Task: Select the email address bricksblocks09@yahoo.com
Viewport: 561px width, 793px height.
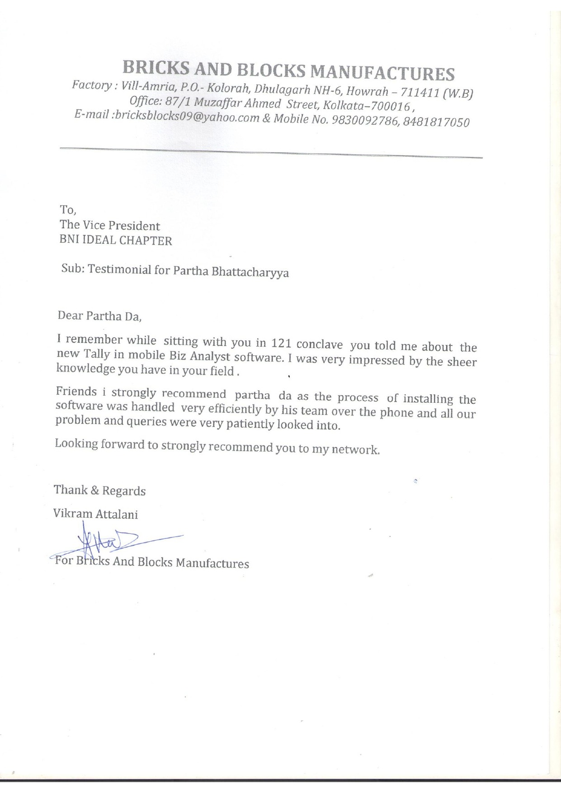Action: click(186, 117)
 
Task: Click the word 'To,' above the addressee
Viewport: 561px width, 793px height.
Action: click(68, 210)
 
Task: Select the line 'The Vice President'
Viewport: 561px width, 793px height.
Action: click(110, 225)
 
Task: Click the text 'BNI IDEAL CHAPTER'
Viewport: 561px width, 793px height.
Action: click(116, 240)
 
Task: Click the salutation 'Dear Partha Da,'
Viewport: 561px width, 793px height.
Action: click(100, 316)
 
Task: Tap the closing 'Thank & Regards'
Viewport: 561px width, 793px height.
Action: click(99, 491)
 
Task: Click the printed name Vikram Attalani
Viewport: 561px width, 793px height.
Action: click(95, 514)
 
